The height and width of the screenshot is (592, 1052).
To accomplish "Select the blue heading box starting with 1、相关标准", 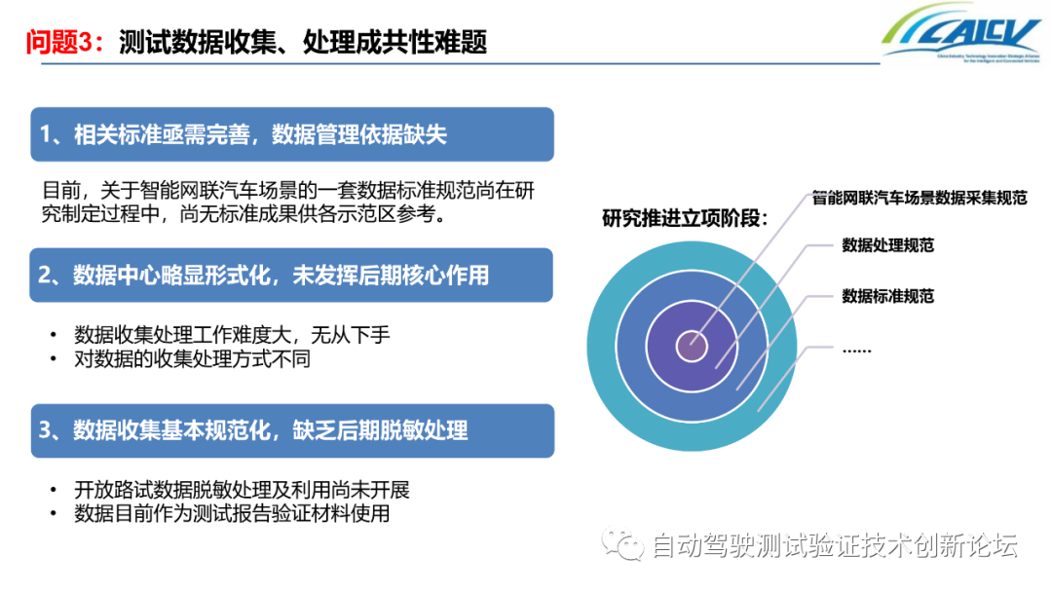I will (x=292, y=134).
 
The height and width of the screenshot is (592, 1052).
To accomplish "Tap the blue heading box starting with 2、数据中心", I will (x=292, y=276).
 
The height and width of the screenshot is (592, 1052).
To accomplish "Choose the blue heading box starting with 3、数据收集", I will (x=292, y=430).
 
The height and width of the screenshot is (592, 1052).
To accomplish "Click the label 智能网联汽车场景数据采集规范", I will (x=920, y=198).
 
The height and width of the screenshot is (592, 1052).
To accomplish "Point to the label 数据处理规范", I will (x=887, y=245).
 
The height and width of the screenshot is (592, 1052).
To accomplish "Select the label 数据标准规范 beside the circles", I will (x=887, y=296).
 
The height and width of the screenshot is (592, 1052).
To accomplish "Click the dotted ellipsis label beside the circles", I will (x=856, y=348).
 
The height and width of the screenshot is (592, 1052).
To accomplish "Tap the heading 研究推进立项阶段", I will (x=685, y=218).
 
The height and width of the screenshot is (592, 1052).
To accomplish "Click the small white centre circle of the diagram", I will (x=693, y=345).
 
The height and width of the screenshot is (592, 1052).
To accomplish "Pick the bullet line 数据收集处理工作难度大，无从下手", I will (x=232, y=335).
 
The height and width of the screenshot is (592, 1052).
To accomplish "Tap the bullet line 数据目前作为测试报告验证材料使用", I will (x=232, y=513).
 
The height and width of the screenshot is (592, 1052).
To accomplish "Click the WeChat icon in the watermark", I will (x=621, y=544).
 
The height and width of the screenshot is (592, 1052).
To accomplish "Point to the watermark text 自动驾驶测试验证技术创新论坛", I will (x=834, y=546).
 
